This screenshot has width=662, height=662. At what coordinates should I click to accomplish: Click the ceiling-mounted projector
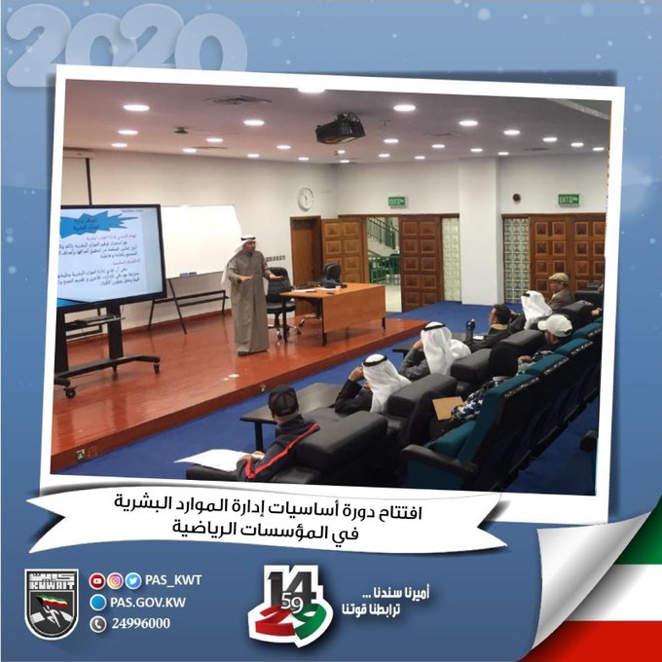point(340,128)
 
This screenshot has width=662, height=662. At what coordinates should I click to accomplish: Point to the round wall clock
point(305,198)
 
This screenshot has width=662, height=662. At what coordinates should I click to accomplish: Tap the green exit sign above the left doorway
point(397,202)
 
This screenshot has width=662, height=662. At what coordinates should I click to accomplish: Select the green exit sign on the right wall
point(569,199)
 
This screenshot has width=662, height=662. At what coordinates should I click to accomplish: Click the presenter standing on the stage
point(248,295)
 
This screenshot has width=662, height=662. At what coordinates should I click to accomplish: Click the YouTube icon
point(96,581)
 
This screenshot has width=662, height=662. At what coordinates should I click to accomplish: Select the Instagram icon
point(115,581)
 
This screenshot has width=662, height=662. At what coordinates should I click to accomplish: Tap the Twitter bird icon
point(132,581)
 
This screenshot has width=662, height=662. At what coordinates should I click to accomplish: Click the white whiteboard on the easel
point(201,240)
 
